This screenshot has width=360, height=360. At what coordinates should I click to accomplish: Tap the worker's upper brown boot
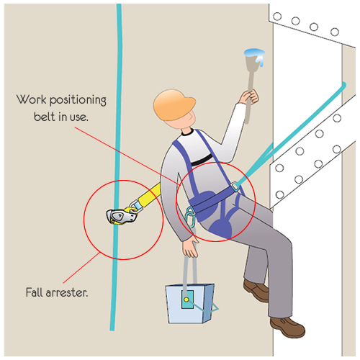click(257, 290)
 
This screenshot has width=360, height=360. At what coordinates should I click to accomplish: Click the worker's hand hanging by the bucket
click(189, 247)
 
